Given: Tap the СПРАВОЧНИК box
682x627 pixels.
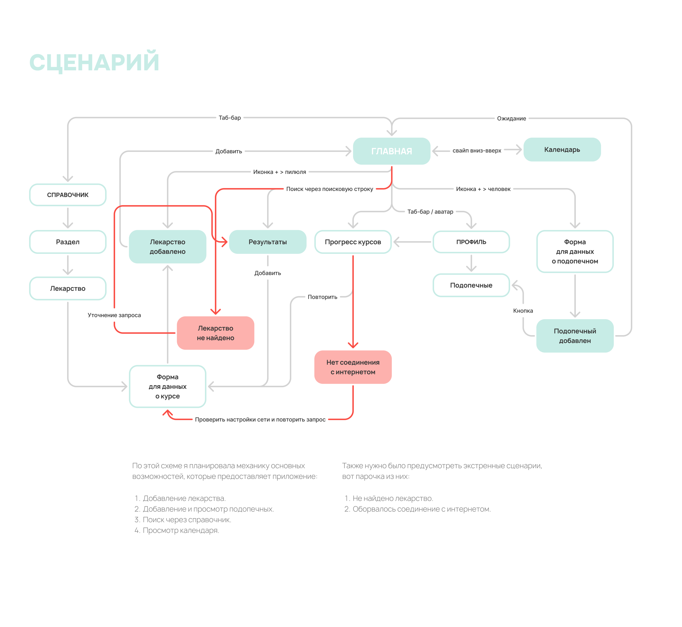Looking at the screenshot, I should pyautogui.click(x=68, y=195).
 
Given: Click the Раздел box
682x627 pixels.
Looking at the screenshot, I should pyautogui.click(x=68, y=242).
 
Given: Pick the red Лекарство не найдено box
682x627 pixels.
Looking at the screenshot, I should pyautogui.click(x=215, y=333).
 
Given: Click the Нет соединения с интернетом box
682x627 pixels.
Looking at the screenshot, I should pyautogui.click(x=353, y=367).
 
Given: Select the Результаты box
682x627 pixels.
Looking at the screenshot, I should pyautogui.click(x=268, y=242).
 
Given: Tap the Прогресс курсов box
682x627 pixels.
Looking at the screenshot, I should pyautogui.click(x=353, y=242).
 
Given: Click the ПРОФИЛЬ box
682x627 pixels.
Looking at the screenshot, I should pyautogui.click(x=471, y=242).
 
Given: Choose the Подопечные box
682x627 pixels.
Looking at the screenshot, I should pyautogui.click(x=471, y=285).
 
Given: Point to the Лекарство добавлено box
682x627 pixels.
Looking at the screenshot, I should pyautogui.click(x=168, y=247).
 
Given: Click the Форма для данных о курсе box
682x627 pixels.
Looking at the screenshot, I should pyautogui.click(x=168, y=386).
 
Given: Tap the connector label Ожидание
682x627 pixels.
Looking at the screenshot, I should pyautogui.click(x=511, y=118).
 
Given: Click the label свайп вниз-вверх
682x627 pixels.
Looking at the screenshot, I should pyautogui.click(x=477, y=151).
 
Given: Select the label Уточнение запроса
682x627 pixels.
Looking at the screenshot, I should pyautogui.click(x=114, y=315).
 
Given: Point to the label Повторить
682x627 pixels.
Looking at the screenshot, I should pyautogui.click(x=322, y=297).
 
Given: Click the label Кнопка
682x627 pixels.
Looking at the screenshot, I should pyautogui.click(x=523, y=311).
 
